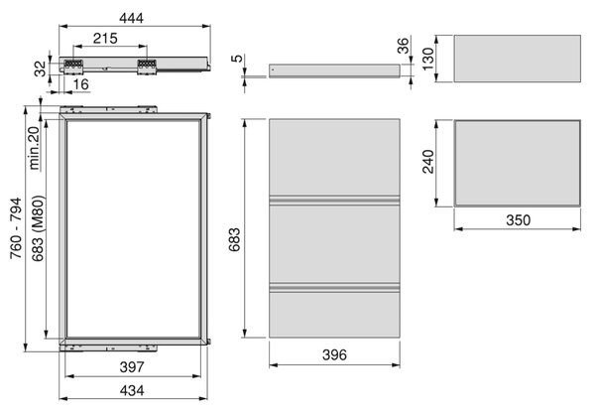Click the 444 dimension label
tap(131, 18)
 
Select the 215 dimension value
tap(105, 39)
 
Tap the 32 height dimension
tap(40, 69)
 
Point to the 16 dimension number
tap(81, 84)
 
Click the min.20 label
tap(34, 148)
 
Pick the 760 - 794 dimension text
tap(16, 228)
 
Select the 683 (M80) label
tap(38, 228)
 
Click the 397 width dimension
tap(132, 367)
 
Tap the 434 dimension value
tap(132, 391)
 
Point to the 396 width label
tap(334, 355)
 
